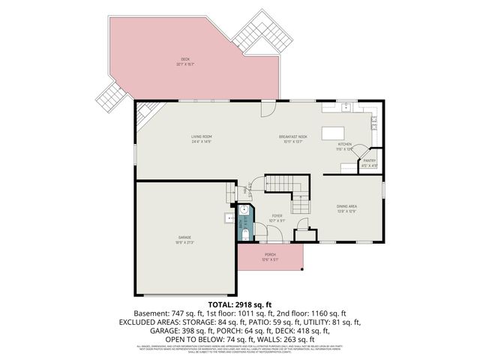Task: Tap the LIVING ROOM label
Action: pyautogui.click(x=201, y=138)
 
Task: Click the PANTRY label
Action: pyautogui.click(x=369, y=163)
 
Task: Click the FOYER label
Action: pyautogui.click(x=277, y=218)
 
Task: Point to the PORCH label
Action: pyautogui.click(x=271, y=256)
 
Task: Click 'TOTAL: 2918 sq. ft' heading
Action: pyautogui.click(x=239, y=304)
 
